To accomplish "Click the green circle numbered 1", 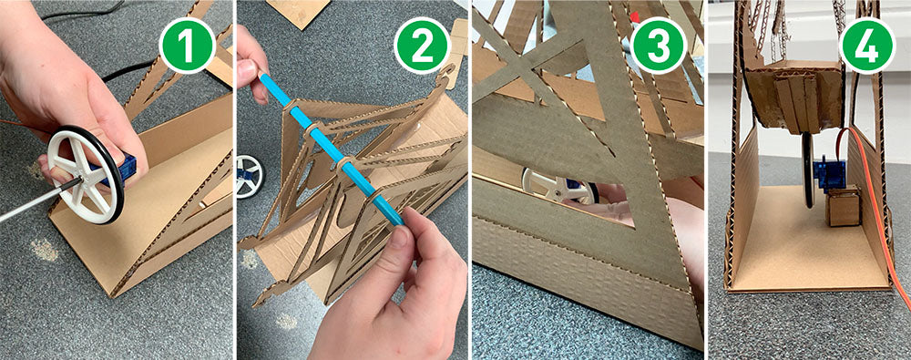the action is [187, 45].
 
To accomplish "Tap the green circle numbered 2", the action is [422, 45].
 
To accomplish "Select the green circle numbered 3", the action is [658, 45].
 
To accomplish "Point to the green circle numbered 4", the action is [866, 45].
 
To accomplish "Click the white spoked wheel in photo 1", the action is [86, 175].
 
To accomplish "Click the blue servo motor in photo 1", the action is [120, 170].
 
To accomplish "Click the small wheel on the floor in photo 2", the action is [250, 176].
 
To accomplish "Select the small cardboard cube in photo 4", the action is [844, 206].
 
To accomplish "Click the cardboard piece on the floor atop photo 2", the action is [298, 12].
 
